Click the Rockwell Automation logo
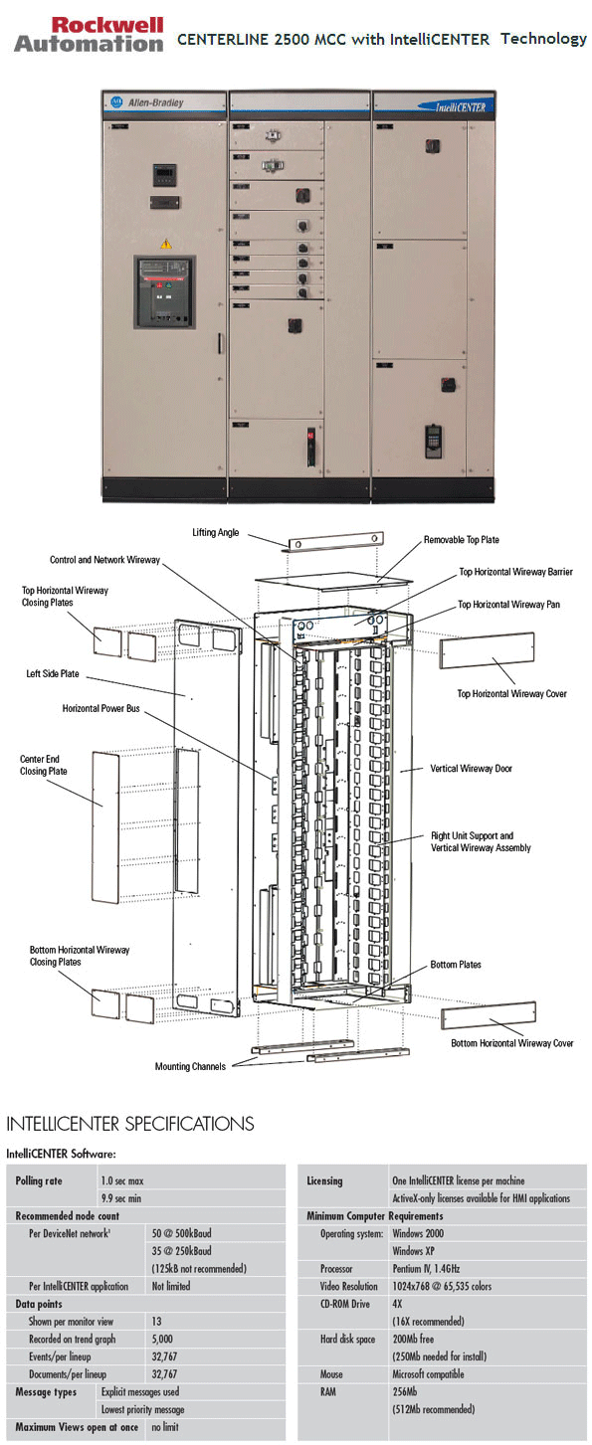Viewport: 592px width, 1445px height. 89,35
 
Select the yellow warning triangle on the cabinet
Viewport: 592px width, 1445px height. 166,243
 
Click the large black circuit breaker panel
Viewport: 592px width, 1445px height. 165,294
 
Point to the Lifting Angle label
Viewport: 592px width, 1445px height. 216,533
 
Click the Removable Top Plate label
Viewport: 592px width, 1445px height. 462,540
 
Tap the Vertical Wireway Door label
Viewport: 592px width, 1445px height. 471,769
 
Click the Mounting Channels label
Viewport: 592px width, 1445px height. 190,1066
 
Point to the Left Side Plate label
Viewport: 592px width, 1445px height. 54,673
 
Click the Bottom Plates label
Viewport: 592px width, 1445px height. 456,965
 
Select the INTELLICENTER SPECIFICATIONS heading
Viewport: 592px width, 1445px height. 130,1124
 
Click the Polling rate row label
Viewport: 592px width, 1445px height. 40,1180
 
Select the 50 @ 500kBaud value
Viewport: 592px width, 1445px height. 182,1233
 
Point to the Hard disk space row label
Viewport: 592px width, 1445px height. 348,1339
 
